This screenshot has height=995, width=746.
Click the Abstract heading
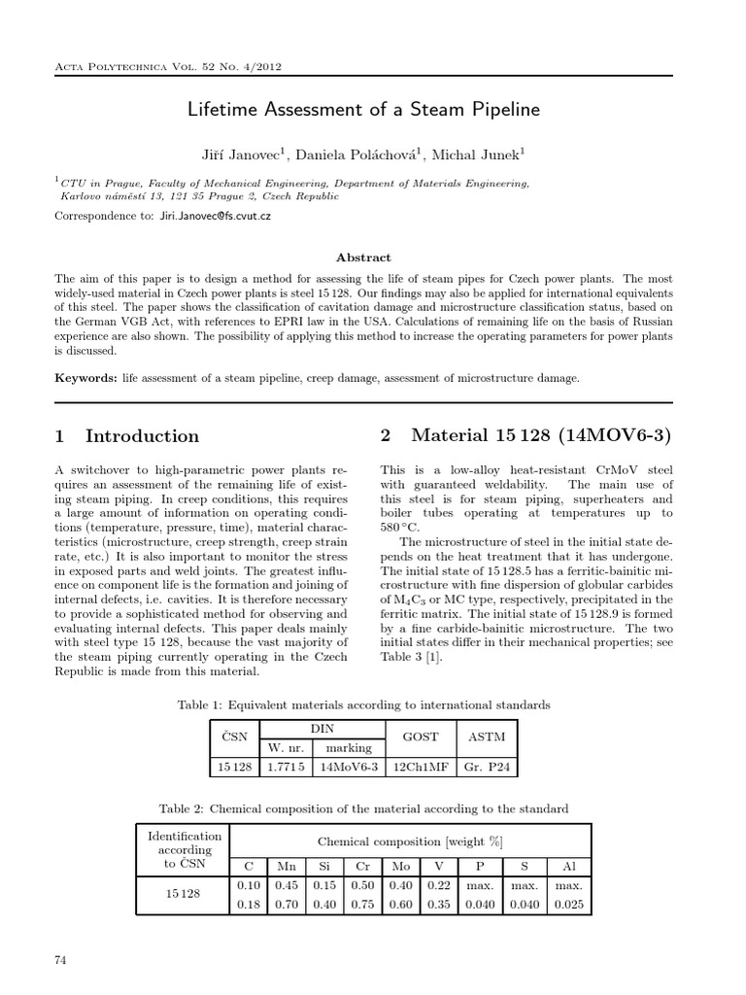point(362,257)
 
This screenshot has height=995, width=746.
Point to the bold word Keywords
point(85,377)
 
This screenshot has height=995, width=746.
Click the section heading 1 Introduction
point(127,436)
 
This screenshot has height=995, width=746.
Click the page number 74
point(61,960)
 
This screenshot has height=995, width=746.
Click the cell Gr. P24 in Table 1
point(486,768)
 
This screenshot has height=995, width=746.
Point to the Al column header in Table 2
point(568,866)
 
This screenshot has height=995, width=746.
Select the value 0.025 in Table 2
point(568,905)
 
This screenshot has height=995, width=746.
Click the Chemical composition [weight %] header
point(410,841)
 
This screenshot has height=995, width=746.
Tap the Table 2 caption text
point(362,808)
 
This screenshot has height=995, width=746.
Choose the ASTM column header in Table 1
point(486,738)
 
